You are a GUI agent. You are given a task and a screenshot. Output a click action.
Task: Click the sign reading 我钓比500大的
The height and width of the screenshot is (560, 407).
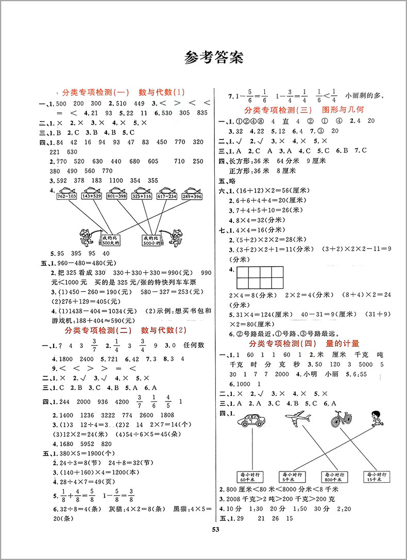[x=110, y=240]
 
